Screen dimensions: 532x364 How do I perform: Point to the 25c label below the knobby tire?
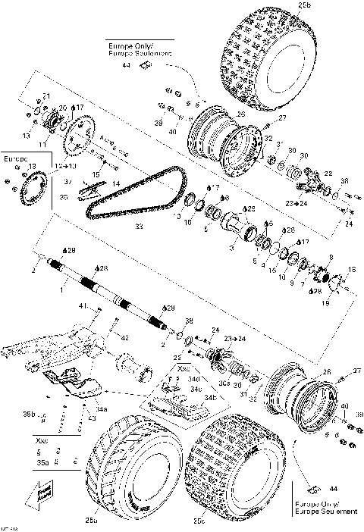pyautogui.click(x=199, y=522)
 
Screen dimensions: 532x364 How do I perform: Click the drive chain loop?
pyautogui.click(x=136, y=197)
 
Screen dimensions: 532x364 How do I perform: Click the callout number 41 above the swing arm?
pyautogui.click(x=85, y=306)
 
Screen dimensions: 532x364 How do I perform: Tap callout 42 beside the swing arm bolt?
pyautogui.click(x=124, y=338)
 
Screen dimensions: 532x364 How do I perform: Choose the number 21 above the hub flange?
pyautogui.click(x=46, y=95)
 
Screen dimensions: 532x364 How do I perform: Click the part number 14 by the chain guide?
pyautogui.click(x=115, y=183)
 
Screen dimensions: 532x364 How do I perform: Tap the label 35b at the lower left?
pyautogui.click(x=28, y=415)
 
